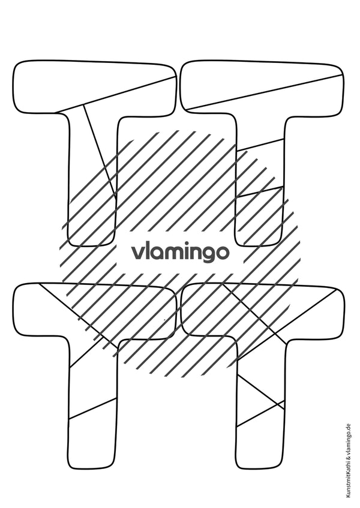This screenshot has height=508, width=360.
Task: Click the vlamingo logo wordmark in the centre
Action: pos(181,253)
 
